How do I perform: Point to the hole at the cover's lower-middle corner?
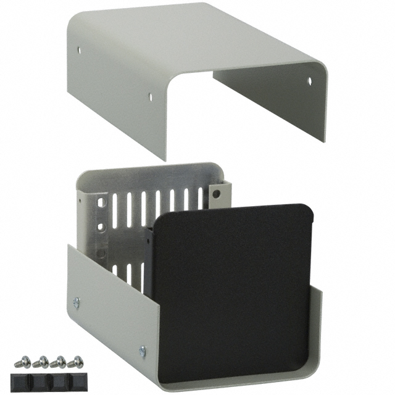pos(149,96)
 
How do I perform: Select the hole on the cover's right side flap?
pos(309,81)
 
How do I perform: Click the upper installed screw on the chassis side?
pos(77,302)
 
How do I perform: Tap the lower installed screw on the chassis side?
pos(142,351)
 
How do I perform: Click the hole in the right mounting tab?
pos(216,193)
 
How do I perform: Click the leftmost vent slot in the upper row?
pos(115,210)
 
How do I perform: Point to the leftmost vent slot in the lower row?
pos(115,270)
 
